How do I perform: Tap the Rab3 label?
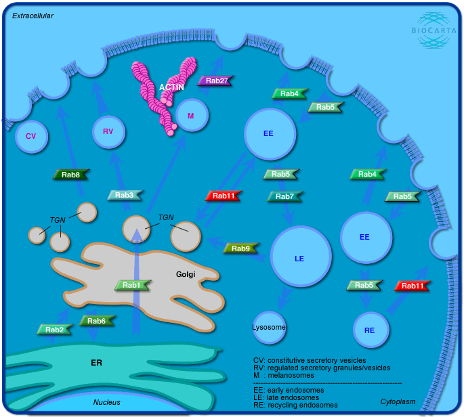point(125,195)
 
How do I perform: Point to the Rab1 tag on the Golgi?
point(132,285)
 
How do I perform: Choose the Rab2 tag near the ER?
point(55,330)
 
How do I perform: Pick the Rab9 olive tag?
point(240,248)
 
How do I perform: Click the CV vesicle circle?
point(30,136)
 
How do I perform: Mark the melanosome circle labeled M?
point(191,116)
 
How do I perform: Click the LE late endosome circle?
point(300,258)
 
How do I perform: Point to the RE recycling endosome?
point(370,330)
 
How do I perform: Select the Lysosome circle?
point(269,328)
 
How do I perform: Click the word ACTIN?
point(171,87)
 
